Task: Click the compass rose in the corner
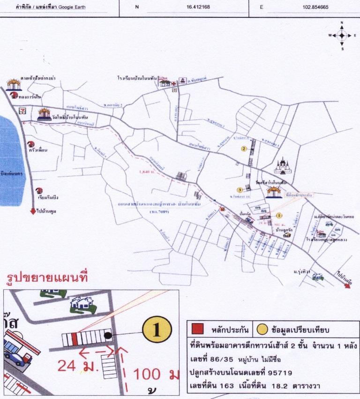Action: tap(342, 35)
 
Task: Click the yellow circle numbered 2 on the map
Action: tap(244, 149)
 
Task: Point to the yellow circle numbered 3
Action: tap(240, 190)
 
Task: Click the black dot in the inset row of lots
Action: tap(108, 336)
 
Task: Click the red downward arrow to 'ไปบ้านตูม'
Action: tap(33, 211)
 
